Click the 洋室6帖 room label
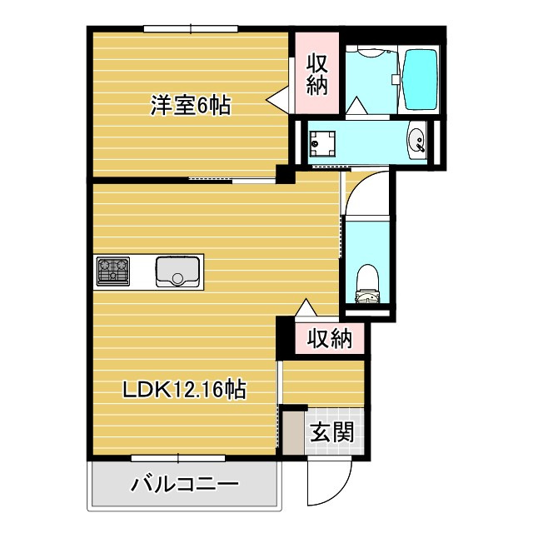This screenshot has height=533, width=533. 191,105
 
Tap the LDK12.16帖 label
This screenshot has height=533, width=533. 184,389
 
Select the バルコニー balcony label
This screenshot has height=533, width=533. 185,485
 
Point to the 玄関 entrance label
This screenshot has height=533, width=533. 332,431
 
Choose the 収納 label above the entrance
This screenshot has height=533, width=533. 330,338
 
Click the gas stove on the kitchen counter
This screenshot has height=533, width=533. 113,271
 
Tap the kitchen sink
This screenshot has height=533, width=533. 177,271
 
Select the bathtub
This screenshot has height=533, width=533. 420,80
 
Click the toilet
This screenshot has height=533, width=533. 367,284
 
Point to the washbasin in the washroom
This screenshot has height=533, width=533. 416,140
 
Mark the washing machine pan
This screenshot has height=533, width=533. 322,144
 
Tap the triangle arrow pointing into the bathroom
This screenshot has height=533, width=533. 356,107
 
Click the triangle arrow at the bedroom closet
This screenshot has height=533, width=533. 277,100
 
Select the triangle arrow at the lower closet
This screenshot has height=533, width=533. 306,308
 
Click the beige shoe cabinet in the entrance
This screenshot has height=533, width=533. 294,433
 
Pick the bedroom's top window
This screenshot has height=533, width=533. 191,29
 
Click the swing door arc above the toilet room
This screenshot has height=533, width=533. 360,187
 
